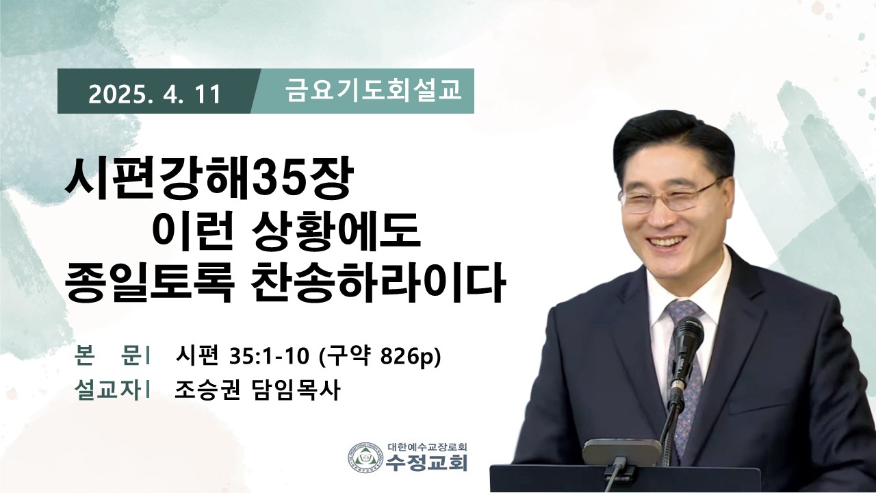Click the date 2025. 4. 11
(155, 95)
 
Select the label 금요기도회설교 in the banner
(374, 91)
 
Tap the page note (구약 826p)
(380, 357)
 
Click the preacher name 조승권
(207, 390)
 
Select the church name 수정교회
(427, 463)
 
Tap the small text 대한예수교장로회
(428, 447)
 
